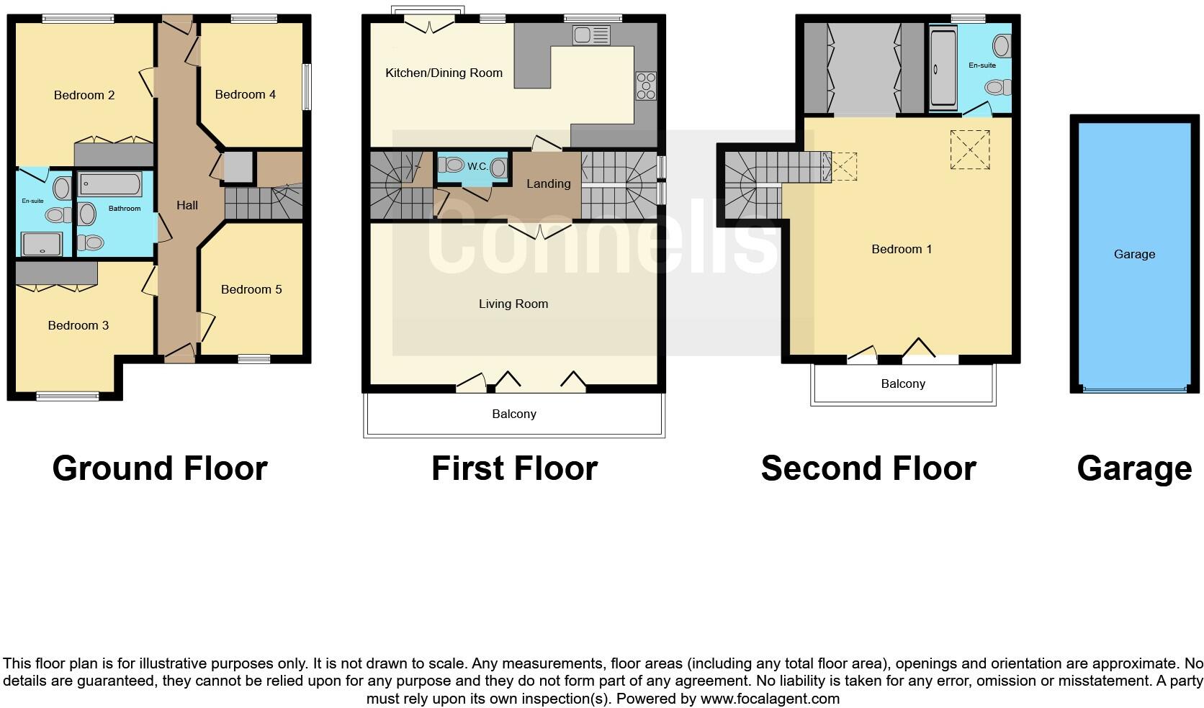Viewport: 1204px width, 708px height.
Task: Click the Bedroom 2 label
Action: (x=84, y=95)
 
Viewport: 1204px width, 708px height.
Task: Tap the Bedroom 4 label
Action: (x=245, y=94)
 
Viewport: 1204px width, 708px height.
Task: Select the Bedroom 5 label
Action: (x=251, y=289)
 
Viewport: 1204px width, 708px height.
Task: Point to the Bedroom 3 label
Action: (x=78, y=325)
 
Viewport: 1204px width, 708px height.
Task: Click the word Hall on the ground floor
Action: (x=187, y=205)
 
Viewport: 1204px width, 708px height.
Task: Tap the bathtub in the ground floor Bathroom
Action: (x=110, y=186)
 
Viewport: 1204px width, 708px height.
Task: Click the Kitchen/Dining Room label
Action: (x=444, y=73)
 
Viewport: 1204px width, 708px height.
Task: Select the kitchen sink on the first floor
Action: (x=591, y=35)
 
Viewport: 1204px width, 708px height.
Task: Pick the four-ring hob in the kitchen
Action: (x=646, y=86)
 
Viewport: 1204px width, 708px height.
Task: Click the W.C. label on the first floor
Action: (x=477, y=166)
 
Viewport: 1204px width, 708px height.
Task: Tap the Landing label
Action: (x=548, y=183)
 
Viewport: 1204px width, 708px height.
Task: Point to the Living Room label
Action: (x=513, y=304)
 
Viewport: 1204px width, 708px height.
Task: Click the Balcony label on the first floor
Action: (x=514, y=414)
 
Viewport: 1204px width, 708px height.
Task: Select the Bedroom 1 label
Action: (x=902, y=249)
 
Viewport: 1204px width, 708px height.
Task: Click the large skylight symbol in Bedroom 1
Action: (x=969, y=150)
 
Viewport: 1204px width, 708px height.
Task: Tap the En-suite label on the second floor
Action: (x=981, y=65)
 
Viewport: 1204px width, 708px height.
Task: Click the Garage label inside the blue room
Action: (x=1134, y=254)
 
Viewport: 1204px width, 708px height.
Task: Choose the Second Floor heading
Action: (x=868, y=468)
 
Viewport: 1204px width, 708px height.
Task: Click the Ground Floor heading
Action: (x=160, y=468)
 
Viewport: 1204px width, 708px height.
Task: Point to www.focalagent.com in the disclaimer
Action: (x=770, y=698)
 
